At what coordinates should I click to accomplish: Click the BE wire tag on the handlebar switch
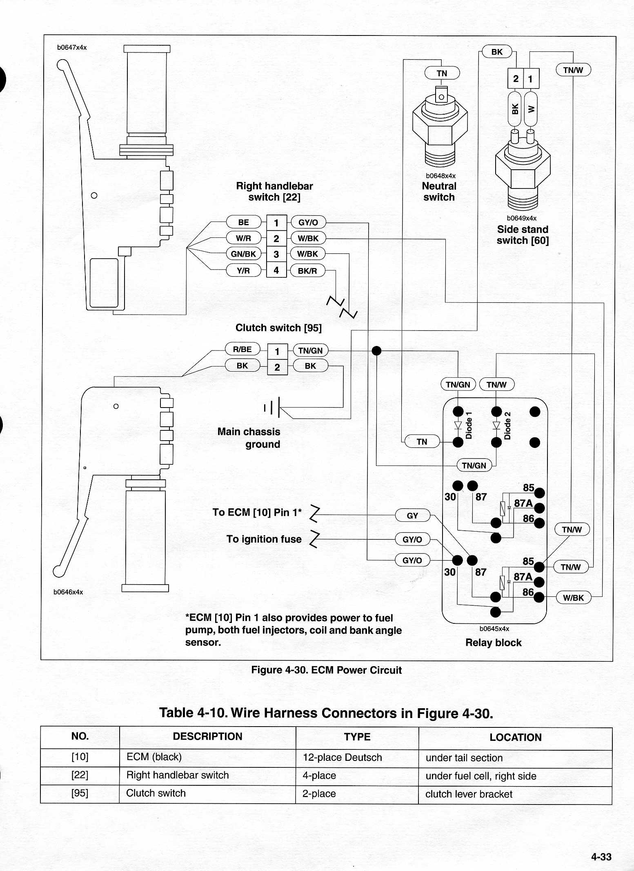point(243,222)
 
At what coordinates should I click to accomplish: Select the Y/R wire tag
point(243,270)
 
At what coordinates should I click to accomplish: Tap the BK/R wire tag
point(307,270)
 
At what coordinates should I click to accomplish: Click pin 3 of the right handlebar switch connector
point(276,254)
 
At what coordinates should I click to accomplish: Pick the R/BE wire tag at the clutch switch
point(242,349)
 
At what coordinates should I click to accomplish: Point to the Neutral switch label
point(439,192)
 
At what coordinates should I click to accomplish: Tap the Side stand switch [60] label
point(523,235)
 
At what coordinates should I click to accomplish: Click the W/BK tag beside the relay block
point(574,598)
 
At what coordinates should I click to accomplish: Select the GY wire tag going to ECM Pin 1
point(413,516)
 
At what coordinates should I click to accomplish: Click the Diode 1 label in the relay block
point(469,426)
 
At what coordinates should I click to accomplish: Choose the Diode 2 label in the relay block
point(507,426)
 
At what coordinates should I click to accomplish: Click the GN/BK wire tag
point(243,254)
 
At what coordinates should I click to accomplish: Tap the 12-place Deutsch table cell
point(342,757)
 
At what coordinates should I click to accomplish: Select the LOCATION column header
point(516,737)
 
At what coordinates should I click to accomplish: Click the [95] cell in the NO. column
point(80,793)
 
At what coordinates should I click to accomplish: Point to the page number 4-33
point(601,857)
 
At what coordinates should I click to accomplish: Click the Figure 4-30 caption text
point(326,670)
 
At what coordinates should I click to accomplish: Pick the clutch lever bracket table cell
point(469,794)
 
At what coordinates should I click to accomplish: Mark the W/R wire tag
point(243,238)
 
